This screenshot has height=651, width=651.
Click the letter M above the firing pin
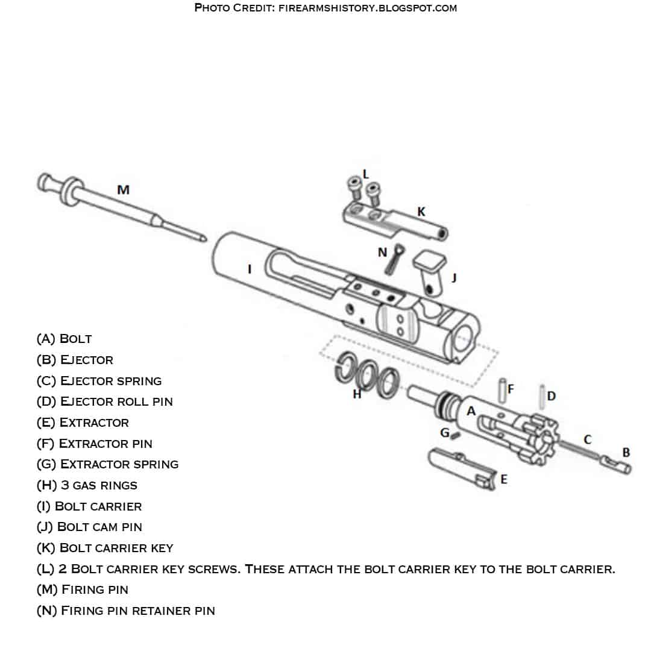pos(123,190)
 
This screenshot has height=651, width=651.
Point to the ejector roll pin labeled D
pos(542,395)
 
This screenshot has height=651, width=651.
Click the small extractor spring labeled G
pos(456,435)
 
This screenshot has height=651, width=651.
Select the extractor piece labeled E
pos(461,468)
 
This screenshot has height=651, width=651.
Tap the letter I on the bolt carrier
pos(250,269)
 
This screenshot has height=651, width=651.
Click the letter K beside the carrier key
pos(421,212)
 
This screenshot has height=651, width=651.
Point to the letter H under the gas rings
pos(357,395)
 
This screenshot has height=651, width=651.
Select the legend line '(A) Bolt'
pos(64,339)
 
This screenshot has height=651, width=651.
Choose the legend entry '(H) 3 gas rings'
pos(87,485)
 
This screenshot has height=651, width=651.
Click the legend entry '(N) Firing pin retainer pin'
pos(125,611)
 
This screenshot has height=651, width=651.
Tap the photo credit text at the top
pos(325,8)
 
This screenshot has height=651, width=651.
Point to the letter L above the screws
pos(365,174)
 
